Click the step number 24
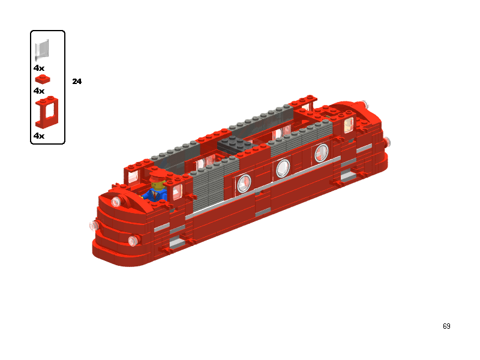click(77, 82)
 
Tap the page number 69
click(446, 326)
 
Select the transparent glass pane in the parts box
click(42, 50)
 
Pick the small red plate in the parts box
click(43, 79)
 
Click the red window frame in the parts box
click(47, 112)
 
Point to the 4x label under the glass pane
click(39, 68)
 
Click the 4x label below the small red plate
click(39, 91)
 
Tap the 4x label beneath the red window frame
click(39, 136)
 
